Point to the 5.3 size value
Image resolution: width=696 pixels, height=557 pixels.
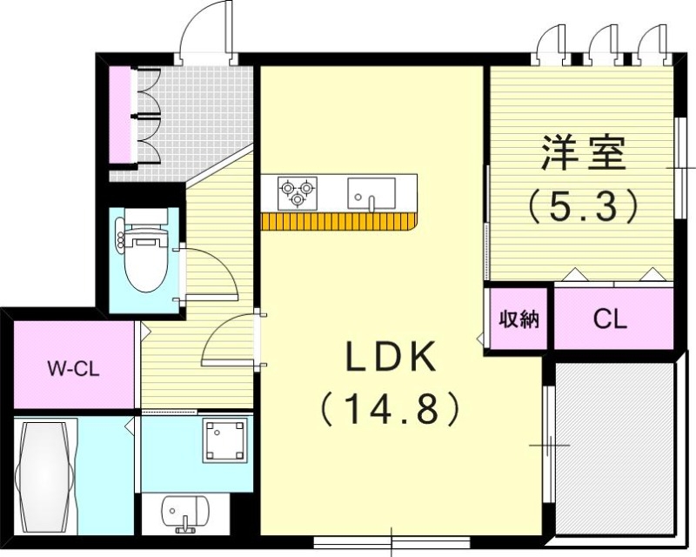583,206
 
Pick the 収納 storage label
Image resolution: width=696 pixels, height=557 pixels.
519,319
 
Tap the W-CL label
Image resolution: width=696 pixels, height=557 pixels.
73,367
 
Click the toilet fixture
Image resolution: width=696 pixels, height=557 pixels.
144,257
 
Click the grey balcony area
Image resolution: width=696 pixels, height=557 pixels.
614,448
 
